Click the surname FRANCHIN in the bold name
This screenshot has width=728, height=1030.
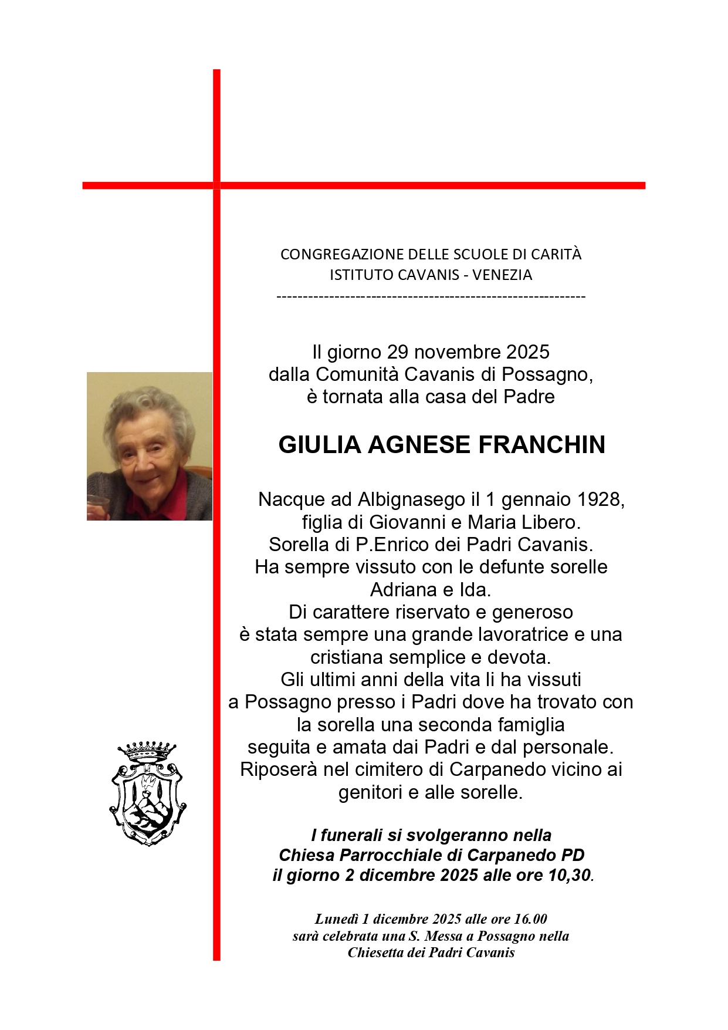(x=541, y=445)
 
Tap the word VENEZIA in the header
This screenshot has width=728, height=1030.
(x=502, y=275)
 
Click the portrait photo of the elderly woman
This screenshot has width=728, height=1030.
(x=150, y=446)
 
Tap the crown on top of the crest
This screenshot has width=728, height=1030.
(x=147, y=751)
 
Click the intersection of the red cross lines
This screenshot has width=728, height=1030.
(x=216, y=185)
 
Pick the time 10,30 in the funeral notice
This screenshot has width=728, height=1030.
(x=569, y=875)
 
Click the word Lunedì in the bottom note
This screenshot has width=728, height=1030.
(x=336, y=919)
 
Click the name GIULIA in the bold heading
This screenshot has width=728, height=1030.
(x=320, y=445)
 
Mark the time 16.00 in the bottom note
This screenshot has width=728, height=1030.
(x=530, y=919)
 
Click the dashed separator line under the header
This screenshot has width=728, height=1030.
(x=431, y=296)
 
